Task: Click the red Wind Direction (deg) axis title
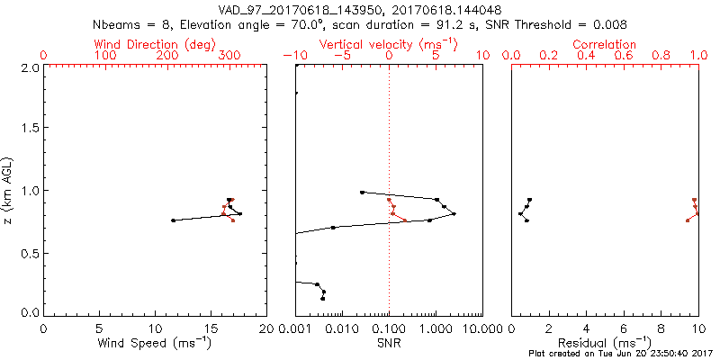click(156, 44)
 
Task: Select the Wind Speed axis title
click(156, 343)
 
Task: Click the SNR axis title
click(389, 343)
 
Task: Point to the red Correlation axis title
click(605, 44)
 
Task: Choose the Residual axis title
click(605, 343)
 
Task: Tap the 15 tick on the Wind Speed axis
click(211, 328)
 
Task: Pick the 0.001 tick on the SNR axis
click(295, 328)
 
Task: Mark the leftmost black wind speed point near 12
click(173, 220)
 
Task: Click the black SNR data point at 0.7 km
click(333, 228)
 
